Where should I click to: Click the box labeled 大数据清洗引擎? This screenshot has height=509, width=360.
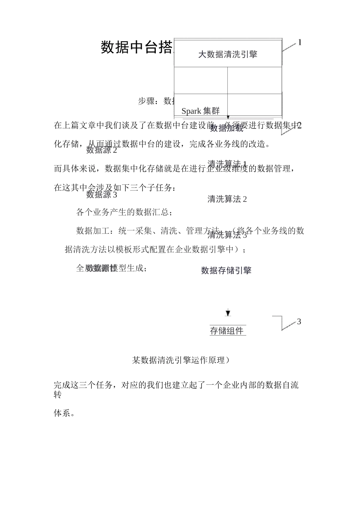click(228, 54)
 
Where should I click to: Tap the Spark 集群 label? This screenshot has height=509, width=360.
click(200, 111)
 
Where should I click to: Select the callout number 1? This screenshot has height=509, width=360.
click(299, 42)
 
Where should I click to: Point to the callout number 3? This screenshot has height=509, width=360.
click(299, 322)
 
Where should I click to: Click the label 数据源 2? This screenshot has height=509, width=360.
click(102, 150)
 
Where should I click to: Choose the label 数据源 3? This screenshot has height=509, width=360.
click(102, 195)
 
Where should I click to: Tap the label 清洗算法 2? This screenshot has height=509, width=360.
click(227, 199)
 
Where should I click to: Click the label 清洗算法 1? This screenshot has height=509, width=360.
click(227, 164)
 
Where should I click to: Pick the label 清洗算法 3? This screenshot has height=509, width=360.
click(227, 236)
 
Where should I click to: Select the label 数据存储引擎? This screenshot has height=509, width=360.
click(226, 270)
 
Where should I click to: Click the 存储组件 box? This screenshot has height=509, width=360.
click(227, 331)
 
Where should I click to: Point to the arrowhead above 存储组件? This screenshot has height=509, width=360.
click(228, 313)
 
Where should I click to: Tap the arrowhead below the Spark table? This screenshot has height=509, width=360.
click(228, 118)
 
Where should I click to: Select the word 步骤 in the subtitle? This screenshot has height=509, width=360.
click(146, 101)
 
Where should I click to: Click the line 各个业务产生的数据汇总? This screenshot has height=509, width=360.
click(124, 212)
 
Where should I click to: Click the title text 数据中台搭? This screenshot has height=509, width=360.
click(137, 48)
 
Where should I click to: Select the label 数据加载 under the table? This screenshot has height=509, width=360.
click(227, 128)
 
